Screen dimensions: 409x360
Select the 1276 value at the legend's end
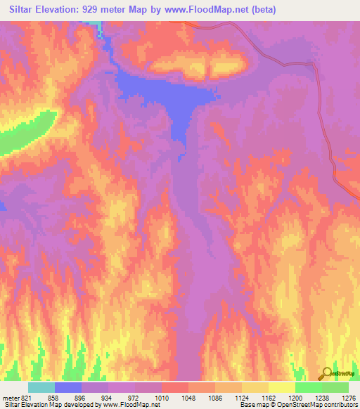[x=349, y=398]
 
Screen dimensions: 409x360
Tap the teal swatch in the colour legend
[x=41, y=387]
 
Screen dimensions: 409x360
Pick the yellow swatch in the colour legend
[x=281, y=387]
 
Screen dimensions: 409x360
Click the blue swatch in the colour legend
[x=68, y=387]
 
